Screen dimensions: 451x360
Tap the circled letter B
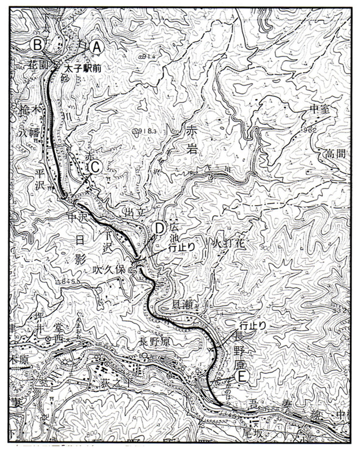[38, 44]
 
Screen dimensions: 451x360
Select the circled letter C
[95, 167]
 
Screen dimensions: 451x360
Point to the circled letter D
[159, 228]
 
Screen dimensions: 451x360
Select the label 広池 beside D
[173, 232]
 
